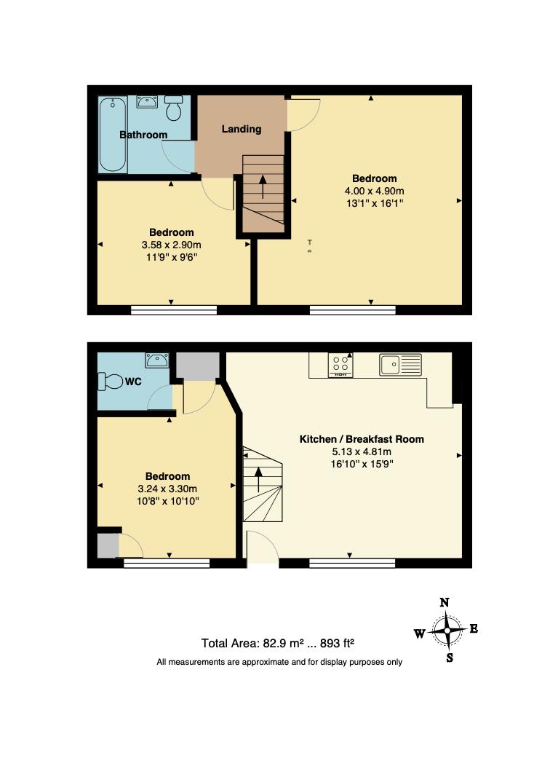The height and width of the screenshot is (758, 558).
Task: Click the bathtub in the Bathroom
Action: pos(113,135)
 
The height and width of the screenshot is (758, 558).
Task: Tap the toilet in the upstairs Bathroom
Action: pos(173,108)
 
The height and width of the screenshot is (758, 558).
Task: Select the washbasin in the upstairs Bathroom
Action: pos(148,102)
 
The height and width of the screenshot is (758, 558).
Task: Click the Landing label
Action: pos(242,129)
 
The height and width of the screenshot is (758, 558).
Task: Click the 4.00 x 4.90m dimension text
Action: pos(374,191)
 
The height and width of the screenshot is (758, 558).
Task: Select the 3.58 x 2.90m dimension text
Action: pos(171,245)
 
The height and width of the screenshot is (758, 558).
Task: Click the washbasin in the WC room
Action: pos(156,360)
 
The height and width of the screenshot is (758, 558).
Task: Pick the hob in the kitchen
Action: pos(340,365)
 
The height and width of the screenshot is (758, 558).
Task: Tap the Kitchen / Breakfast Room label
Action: pos(362,439)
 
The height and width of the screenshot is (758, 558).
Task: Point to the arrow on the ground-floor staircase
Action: pos(258,479)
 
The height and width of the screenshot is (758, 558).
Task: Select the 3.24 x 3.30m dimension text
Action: pos(169,489)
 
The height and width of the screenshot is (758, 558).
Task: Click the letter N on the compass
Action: pos(445,602)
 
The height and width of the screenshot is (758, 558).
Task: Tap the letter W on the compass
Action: pos(420,633)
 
